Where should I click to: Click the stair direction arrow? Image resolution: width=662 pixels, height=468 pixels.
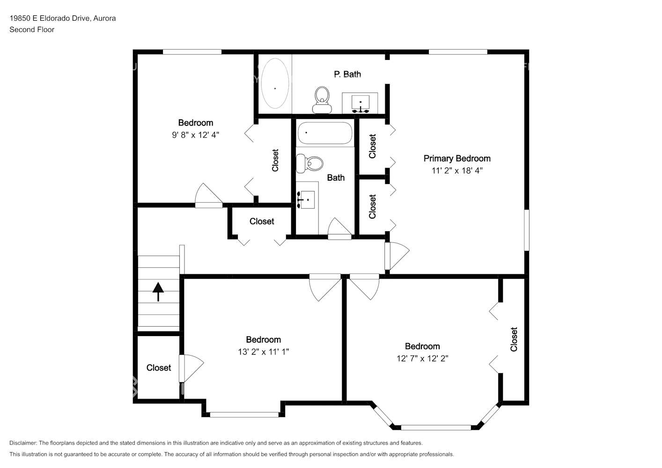coord(158,292)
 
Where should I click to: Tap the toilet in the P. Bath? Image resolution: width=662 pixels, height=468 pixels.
coord(322,100)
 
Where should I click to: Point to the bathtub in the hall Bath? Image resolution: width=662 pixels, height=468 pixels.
coord(325,133)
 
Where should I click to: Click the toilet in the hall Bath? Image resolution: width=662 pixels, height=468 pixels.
coord(309,163)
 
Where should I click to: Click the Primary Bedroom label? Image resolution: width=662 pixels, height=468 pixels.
coord(457,158)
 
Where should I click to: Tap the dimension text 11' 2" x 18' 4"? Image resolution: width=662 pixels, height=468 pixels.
coord(457,170)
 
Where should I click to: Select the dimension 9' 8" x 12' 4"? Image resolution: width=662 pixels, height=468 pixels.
coord(195,135)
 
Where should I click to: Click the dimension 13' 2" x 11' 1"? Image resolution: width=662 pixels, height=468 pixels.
coord(263,352)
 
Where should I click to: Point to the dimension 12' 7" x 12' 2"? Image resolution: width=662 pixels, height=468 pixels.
coord(422,358)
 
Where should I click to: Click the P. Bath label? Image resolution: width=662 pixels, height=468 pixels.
coord(347,74)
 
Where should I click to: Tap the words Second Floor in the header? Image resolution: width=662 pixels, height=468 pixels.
coord(32,29)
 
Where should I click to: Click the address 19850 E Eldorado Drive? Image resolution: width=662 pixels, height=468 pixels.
coord(50,18)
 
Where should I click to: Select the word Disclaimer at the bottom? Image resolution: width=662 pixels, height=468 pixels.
coord(23,443)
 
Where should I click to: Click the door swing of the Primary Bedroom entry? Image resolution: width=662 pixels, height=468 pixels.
coord(397,256)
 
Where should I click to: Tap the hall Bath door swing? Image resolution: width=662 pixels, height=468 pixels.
coord(339,229)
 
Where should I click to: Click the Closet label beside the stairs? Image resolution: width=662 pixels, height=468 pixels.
coord(159,367)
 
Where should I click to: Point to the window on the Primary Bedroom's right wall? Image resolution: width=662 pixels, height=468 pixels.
coord(527,230)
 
